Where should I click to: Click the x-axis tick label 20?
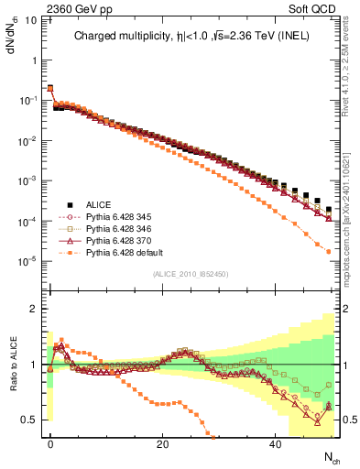tap(162, 444)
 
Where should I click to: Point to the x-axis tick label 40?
tap(274, 444)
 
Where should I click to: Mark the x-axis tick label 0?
tap(50, 444)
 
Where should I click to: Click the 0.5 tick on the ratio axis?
tap(28, 420)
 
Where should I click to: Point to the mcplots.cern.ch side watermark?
tap(346, 211)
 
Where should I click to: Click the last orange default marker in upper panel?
tap(328, 251)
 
